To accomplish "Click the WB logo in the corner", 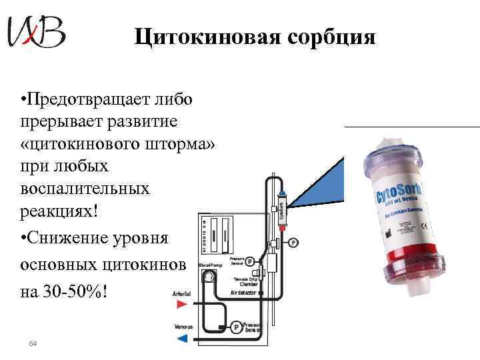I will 36,32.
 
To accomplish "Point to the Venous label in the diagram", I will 182,326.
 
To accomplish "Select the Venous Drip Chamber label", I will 245,281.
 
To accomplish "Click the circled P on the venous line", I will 235,327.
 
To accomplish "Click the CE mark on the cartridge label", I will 389,233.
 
